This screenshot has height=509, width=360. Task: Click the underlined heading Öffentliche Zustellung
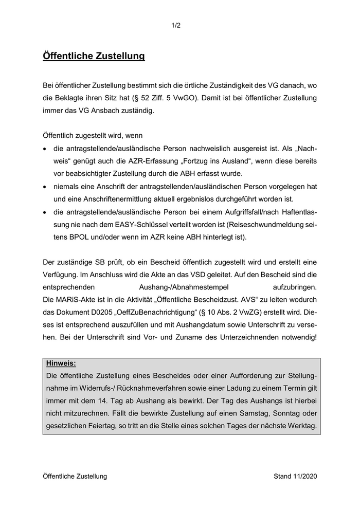pyautogui.click(x=94, y=56)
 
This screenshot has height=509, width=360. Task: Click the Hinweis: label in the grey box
pyautogui.click(x=61, y=363)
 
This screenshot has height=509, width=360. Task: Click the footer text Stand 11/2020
pyautogui.click(x=295, y=476)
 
